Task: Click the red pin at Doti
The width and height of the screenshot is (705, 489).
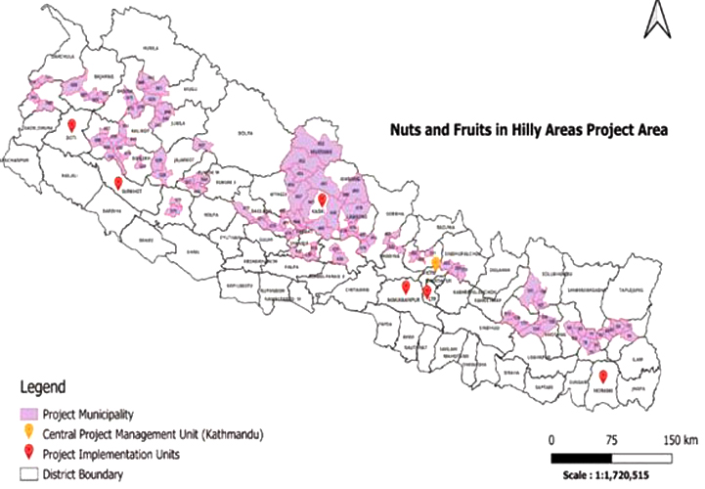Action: [x=71, y=125]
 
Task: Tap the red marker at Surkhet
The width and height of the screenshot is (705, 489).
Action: [x=118, y=183]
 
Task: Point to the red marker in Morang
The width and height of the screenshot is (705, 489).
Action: [x=603, y=377]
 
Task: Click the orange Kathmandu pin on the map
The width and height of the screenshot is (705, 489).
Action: [x=437, y=262]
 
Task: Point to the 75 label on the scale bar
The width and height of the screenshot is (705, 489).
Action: [x=612, y=438]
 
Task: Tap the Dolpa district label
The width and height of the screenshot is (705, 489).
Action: [x=244, y=138]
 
